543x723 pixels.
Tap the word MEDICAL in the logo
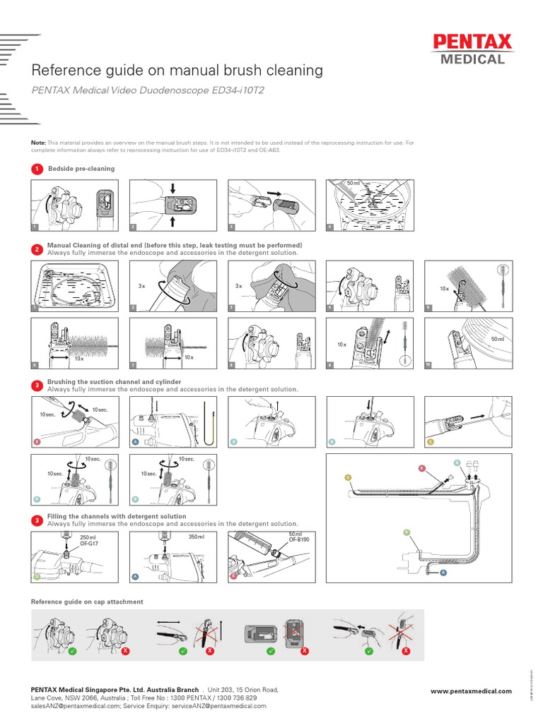[473, 59]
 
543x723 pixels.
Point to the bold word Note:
[38, 143]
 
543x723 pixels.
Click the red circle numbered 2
[37, 249]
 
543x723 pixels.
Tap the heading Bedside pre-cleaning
[81, 169]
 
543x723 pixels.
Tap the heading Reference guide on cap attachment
[87, 602]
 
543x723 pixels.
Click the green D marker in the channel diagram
[405, 531]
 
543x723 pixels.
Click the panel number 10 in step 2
[427, 364]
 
